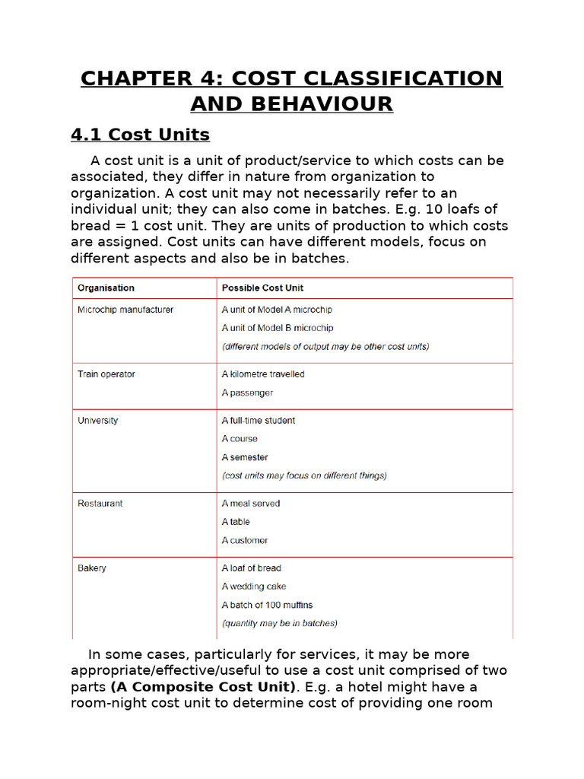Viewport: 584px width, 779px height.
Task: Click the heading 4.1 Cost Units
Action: coord(140,135)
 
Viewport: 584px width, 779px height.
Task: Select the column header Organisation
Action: coord(106,288)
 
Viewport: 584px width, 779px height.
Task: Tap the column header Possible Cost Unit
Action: coord(262,288)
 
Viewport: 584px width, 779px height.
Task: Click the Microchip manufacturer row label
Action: coord(125,310)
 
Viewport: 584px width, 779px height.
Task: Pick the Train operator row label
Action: coord(106,374)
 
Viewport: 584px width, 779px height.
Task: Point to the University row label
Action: coord(98,421)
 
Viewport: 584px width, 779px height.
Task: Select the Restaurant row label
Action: coord(100,504)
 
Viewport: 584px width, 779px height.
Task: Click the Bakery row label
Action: coord(92,568)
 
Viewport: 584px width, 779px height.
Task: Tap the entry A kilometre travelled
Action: coord(263,374)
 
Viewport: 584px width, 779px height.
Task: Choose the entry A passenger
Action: coord(247,393)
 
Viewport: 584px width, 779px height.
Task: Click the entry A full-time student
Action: coord(259,421)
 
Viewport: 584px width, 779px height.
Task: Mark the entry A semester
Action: coord(245,457)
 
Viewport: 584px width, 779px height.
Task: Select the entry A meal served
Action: coord(251,504)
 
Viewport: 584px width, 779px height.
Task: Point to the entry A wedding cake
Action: coord(255,587)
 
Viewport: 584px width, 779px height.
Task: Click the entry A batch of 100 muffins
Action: coord(267,605)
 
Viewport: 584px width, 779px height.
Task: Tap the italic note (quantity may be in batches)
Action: coord(279,623)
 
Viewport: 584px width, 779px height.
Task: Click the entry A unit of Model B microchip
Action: coord(277,328)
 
